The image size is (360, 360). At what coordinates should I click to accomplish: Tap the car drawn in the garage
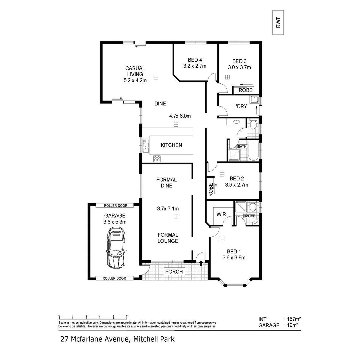[x=116, y=247]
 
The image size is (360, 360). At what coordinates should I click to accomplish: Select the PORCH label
[x=174, y=272]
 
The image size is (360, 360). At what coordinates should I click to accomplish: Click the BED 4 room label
[x=195, y=60]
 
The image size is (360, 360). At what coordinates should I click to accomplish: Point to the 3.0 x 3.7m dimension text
[x=239, y=67]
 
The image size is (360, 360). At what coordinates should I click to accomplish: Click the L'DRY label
[x=240, y=107]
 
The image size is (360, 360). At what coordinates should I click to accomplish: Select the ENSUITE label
[x=249, y=216]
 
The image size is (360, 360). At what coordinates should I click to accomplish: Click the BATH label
[x=242, y=146]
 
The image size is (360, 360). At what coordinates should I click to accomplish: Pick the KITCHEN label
[x=171, y=145]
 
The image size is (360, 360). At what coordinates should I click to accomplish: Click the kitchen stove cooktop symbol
[x=157, y=159]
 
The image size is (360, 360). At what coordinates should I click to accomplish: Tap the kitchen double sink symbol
[x=146, y=145]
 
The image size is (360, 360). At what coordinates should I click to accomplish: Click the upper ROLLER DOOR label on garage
[x=115, y=205]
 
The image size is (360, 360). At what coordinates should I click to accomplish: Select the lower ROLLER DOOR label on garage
[x=114, y=278]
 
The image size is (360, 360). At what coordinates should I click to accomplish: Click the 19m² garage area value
[x=293, y=325]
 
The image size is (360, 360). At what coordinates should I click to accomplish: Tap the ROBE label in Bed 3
[x=245, y=90]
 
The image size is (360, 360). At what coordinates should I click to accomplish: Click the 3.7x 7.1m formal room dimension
[x=168, y=209]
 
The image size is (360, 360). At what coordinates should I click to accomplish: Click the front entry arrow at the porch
[x=201, y=263]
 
